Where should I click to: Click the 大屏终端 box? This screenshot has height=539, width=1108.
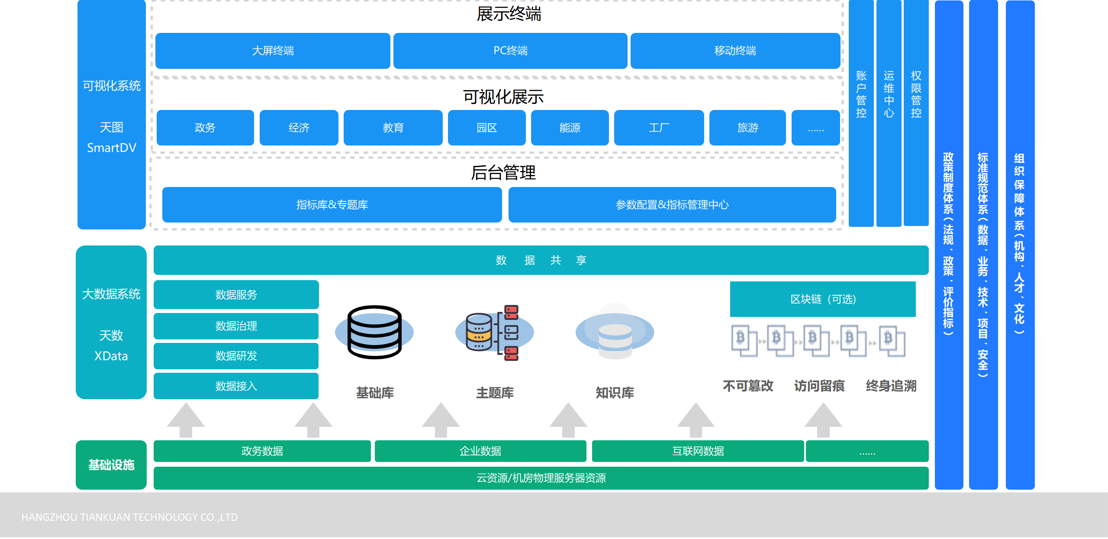tap(273, 51)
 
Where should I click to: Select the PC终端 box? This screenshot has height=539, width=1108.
tap(510, 51)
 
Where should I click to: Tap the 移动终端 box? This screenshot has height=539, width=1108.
tap(735, 51)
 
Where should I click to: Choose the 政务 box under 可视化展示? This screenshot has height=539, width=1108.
tap(205, 128)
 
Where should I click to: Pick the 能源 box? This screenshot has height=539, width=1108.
tap(570, 128)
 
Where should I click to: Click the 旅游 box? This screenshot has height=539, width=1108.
tap(747, 128)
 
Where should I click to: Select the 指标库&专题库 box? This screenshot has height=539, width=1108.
tap(332, 205)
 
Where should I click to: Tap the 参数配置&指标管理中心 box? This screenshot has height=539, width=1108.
tap(672, 205)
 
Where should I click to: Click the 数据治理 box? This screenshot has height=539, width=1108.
tap(236, 326)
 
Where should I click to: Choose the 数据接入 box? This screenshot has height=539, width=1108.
tap(236, 386)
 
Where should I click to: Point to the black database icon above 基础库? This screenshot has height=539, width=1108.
tap(374, 332)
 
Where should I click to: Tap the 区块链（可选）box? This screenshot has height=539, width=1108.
tap(822, 299)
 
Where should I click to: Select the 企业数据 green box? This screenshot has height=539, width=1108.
tap(480, 451)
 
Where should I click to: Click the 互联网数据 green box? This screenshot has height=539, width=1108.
tap(698, 451)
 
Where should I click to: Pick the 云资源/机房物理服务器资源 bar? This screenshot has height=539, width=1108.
tap(541, 478)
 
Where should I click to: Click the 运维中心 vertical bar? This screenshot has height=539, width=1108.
tap(889, 113)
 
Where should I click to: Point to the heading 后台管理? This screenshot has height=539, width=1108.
tap(503, 173)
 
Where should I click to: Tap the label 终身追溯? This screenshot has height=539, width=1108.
tap(891, 386)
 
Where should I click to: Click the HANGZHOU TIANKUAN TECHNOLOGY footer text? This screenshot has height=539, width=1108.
tap(129, 517)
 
